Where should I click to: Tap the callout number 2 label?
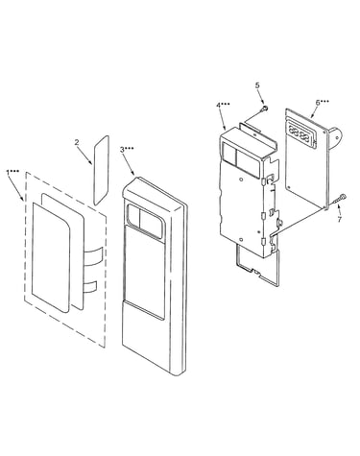point(77,142)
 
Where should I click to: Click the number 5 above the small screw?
point(257,85)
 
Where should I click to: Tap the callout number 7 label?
point(339,219)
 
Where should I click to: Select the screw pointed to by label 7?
point(340,199)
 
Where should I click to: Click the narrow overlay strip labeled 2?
point(101,170)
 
